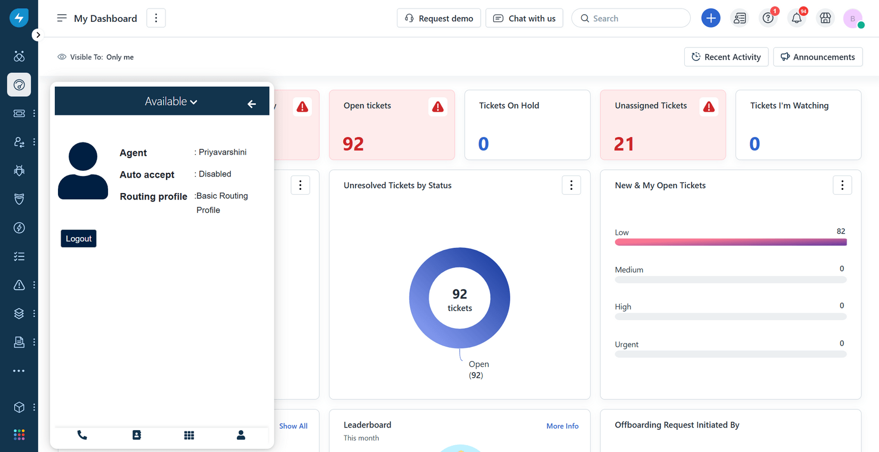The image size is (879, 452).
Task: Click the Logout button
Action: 78,239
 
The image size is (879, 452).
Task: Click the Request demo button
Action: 438,18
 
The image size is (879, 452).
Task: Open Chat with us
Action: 524,18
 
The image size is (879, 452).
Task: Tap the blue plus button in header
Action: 710,18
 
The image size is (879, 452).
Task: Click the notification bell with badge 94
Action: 797,18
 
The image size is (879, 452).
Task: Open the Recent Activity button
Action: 726,57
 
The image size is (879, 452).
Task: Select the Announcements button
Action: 817,57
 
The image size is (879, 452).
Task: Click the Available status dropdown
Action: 171,102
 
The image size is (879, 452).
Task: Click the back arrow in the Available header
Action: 252,104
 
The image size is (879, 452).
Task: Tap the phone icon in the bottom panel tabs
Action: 82,435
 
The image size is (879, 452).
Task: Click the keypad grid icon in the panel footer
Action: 189,435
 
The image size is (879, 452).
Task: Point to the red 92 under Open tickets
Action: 353,144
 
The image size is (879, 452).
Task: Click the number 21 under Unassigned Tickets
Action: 624,144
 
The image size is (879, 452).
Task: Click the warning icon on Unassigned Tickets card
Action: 709,107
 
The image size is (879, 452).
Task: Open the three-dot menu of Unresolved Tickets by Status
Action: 571,185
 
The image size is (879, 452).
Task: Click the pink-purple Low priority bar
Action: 730,242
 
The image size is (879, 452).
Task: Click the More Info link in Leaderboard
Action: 562,426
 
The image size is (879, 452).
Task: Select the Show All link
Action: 293,426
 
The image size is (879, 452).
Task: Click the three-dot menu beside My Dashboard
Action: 156,18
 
